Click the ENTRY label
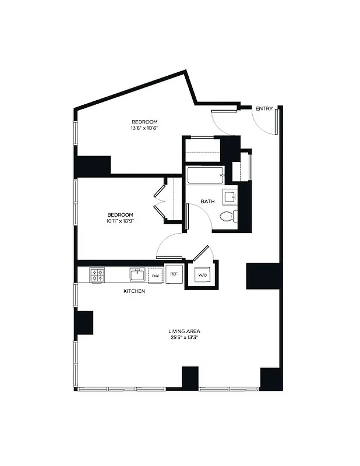(264, 108)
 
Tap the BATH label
(207, 202)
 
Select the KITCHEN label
(134, 291)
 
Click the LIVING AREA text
(185, 331)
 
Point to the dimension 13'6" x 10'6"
(144, 129)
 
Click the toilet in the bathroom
(228, 217)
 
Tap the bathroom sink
(230, 196)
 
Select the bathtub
(204, 175)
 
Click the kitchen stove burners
(97, 274)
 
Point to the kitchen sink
(137, 274)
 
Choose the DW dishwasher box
(156, 275)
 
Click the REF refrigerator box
(174, 273)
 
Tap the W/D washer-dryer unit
(202, 275)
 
